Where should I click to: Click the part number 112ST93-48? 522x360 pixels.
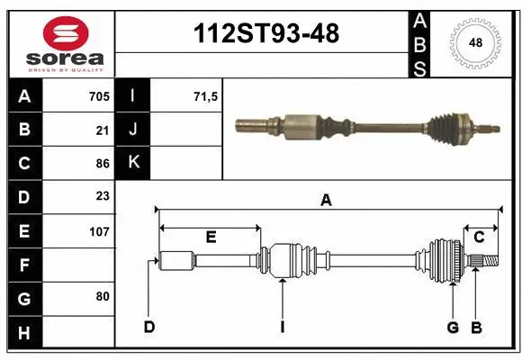[267, 33]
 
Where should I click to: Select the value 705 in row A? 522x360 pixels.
[98, 96]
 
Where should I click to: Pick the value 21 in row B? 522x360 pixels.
[102, 130]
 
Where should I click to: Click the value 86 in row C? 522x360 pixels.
[102, 164]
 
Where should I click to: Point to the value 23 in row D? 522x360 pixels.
[102, 197]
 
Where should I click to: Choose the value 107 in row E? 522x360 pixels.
[99, 231]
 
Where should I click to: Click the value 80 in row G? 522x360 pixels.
[102, 296]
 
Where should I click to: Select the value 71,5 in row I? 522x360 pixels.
[206, 96]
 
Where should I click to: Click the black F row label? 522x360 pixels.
[23, 265]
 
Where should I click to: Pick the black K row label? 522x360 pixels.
[133, 163]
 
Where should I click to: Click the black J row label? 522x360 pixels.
[133, 130]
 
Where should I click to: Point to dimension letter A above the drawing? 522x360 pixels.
[326, 201]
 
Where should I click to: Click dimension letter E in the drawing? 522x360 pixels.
[210, 237]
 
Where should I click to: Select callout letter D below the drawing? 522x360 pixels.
[149, 327]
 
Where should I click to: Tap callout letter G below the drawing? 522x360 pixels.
[453, 327]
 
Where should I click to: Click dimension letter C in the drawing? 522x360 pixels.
[479, 237]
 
